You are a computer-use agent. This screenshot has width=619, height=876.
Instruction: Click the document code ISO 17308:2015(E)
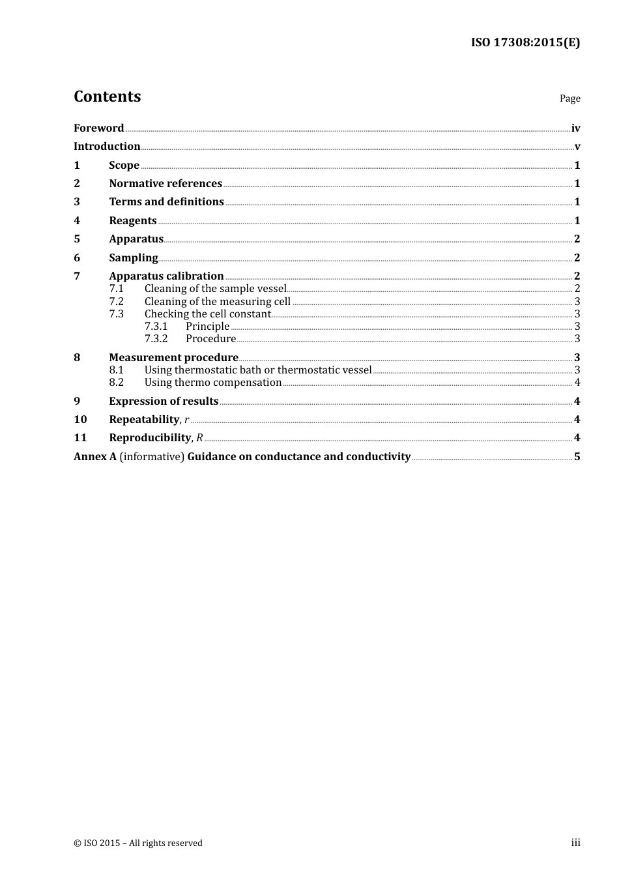(x=525, y=42)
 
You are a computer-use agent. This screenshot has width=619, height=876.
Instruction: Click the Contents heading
(x=107, y=96)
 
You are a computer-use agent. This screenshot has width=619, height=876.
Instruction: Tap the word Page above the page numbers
(x=569, y=98)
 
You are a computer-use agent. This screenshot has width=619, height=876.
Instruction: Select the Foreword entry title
(x=98, y=128)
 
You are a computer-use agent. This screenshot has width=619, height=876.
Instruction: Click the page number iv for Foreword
(x=575, y=128)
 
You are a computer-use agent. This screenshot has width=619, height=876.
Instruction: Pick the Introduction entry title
(x=107, y=147)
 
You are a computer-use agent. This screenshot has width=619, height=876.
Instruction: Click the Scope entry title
(x=124, y=166)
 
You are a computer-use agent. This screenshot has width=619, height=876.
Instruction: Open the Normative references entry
(x=166, y=184)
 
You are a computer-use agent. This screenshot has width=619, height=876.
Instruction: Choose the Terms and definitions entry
(x=166, y=202)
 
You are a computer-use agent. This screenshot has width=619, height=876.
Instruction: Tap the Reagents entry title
(x=133, y=221)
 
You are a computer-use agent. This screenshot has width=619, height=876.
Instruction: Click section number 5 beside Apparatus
(x=77, y=239)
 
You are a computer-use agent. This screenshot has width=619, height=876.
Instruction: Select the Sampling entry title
(x=134, y=258)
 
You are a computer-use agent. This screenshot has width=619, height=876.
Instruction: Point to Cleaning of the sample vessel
(x=215, y=289)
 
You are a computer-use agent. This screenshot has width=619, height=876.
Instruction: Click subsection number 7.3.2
(x=156, y=339)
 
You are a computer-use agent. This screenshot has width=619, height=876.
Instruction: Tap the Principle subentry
(x=207, y=327)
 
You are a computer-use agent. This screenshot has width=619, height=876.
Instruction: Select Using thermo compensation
(x=213, y=383)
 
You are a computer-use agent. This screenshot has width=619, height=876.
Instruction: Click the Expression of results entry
(x=164, y=401)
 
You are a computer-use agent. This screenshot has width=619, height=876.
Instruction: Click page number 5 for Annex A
(x=577, y=457)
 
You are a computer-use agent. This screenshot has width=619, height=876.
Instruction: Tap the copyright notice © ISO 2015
(x=138, y=843)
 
